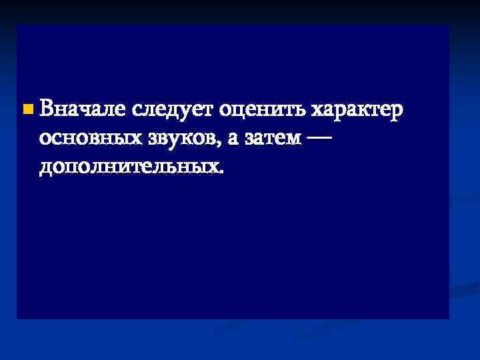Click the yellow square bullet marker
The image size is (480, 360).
pos(26,107)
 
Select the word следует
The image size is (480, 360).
pos(171,109)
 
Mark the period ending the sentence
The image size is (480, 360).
pos(221,171)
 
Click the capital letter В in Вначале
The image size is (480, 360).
pos(47,107)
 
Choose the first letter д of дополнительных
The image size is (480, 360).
pos(46,167)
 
